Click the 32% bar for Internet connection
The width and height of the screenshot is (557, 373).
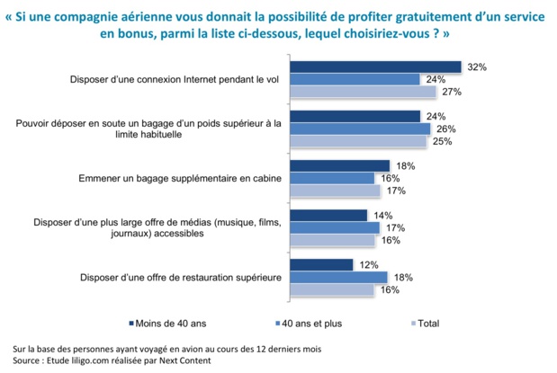pos(378,67)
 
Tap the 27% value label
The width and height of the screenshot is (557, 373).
pos(451,92)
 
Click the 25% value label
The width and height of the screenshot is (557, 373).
pos(441,141)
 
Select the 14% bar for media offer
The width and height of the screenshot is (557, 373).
pos(331,215)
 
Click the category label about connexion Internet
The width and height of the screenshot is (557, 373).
pos(181,79)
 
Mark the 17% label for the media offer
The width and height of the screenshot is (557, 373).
pos(393,227)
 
